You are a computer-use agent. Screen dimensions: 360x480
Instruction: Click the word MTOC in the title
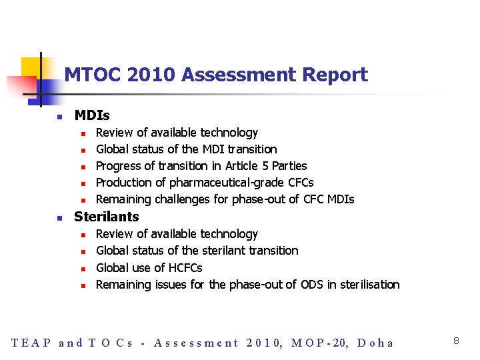tap(89, 75)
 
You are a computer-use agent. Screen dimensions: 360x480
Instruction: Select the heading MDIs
tap(92, 116)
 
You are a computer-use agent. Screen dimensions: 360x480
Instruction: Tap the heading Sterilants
tap(107, 217)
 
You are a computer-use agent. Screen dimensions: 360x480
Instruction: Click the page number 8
tap(456, 341)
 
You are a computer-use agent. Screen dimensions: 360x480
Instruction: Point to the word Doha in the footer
tap(375, 343)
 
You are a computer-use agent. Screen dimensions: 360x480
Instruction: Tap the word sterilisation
tap(370, 285)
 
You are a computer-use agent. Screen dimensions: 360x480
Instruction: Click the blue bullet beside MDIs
tap(59, 117)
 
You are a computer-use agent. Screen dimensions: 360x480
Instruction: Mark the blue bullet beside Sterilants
tap(59, 217)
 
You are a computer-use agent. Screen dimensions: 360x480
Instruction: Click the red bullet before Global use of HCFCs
tap(84, 269)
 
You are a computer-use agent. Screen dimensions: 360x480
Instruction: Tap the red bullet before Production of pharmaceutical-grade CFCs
tap(84, 183)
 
